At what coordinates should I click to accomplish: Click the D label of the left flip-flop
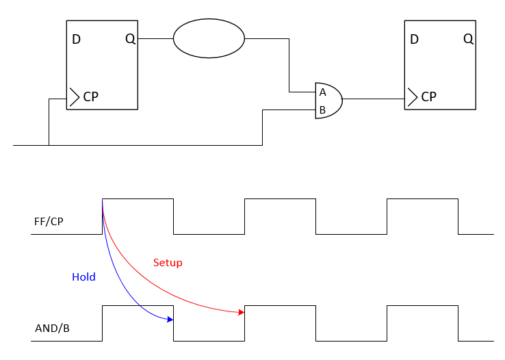point(76,39)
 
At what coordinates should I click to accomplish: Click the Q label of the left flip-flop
point(130,39)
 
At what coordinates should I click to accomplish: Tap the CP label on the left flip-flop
point(91,97)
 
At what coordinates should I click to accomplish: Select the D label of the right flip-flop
point(414,39)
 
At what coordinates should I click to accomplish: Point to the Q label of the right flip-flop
point(468,39)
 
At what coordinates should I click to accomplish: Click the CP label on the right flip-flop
point(429,97)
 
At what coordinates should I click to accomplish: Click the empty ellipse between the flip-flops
point(209,38)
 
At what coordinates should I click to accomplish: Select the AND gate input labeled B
point(322,110)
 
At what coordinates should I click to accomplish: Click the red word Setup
point(168,263)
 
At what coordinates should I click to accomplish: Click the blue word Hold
point(83,277)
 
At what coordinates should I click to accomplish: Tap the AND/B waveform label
point(52,328)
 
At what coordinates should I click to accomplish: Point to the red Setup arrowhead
point(242,312)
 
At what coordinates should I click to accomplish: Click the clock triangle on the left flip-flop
point(72,97)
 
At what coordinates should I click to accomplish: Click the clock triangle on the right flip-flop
point(410,97)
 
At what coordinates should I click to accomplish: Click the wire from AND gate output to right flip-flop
point(373,99)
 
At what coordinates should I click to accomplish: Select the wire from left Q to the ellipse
point(155,39)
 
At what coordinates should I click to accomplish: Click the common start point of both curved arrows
point(103,199)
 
